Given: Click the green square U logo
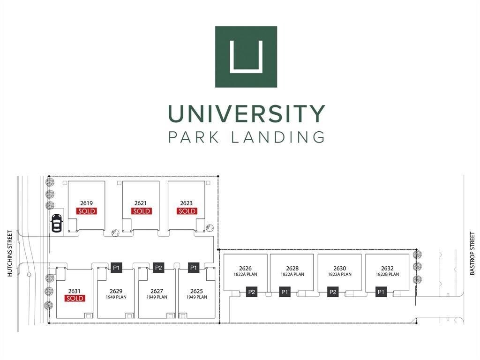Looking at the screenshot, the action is [246, 57].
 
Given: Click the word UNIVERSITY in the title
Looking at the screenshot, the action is [247, 113].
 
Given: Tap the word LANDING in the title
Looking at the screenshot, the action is [278, 137].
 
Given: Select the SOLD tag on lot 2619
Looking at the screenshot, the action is [87, 211].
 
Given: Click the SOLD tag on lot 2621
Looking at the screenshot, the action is [141, 211].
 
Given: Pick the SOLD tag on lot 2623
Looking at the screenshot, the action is [187, 211].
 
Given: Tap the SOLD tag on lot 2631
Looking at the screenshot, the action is [75, 298].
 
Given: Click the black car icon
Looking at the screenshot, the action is [56, 223].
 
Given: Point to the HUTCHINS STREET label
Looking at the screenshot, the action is [10, 254].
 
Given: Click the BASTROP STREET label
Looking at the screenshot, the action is [472, 254].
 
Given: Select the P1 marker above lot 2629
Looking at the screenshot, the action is [116, 268].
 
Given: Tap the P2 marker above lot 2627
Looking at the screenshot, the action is [158, 268].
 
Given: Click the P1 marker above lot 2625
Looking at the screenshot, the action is [194, 268].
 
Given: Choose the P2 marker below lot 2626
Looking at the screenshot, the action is [252, 292].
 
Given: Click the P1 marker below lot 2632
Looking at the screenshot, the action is [381, 292].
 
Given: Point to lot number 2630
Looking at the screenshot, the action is [340, 269].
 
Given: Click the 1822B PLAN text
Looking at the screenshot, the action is [388, 274].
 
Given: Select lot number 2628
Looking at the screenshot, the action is [292, 269].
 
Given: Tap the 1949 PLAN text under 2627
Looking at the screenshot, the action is [157, 297].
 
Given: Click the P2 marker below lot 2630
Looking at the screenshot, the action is [333, 292].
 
